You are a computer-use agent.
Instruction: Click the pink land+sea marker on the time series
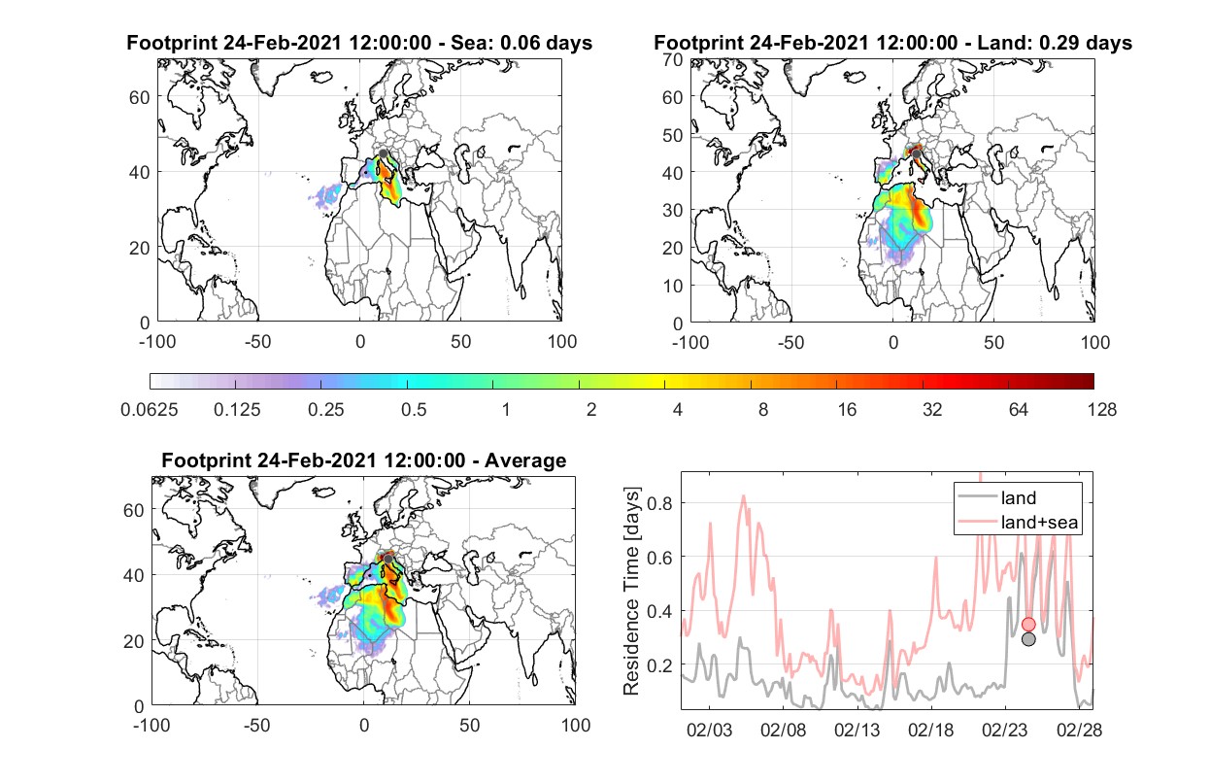1028,624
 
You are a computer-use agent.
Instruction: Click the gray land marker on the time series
1028,639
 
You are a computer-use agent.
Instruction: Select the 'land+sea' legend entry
1018,522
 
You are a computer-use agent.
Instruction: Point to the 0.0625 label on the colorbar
150,410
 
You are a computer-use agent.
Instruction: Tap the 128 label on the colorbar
1101,410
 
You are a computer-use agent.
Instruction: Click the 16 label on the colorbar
847,410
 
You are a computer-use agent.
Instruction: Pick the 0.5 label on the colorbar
414,410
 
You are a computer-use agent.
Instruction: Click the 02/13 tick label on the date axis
857,730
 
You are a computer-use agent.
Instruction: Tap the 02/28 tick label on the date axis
1079,730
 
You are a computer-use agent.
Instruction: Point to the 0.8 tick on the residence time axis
659,503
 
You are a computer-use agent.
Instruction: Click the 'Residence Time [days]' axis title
631,592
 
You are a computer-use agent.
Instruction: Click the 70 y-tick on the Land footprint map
673,59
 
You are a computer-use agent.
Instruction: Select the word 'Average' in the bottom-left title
525,460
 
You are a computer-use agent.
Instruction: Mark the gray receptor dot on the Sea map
383,153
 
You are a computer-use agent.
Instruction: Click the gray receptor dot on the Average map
387,559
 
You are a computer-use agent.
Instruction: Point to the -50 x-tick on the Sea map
258,342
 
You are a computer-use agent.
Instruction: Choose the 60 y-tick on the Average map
133,510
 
